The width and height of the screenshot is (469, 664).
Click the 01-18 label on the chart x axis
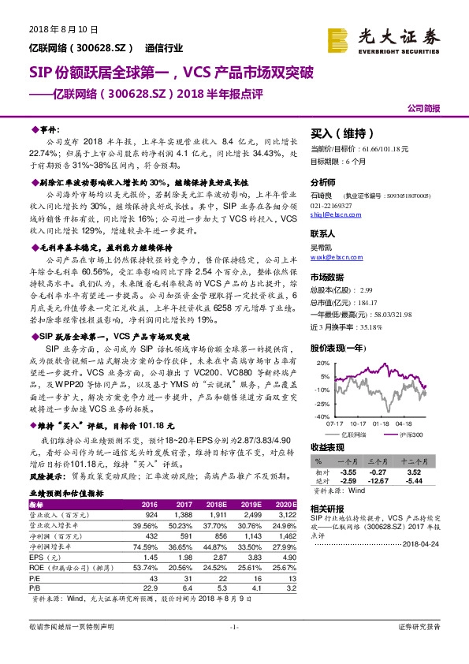pyautogui.click(x=381, y=423)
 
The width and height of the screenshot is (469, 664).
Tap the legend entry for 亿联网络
pyautogui.click(x=363, y=434)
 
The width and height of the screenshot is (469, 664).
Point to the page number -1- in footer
pyautogui.click(x=234, y=648)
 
